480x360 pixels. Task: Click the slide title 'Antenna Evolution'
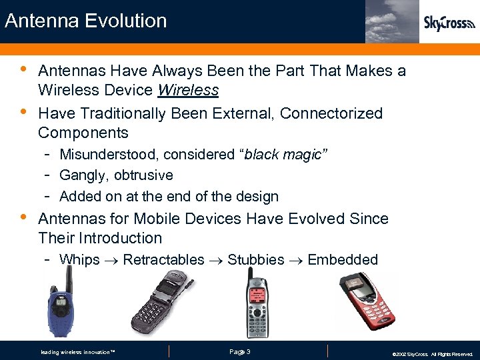pyautogui.click(x=85, y=21)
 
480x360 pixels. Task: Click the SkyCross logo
pyautogui.click(x=449, y=23)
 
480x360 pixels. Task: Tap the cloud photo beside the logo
pyautogui.click(x=392, y=21)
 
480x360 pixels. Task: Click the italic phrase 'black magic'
pyautogui.click(x=283, y=155)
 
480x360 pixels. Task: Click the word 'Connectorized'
pyautogui.click(x=331, y=113)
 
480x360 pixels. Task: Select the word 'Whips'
pyautogui.click(x=79, y=260)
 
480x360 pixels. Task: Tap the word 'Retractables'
pyautogui.click(x=163, y=260)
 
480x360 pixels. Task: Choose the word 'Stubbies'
pyautogui.click(x=255, y=260)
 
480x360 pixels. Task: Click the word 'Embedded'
pyautogui.click(x=343, y=260)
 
